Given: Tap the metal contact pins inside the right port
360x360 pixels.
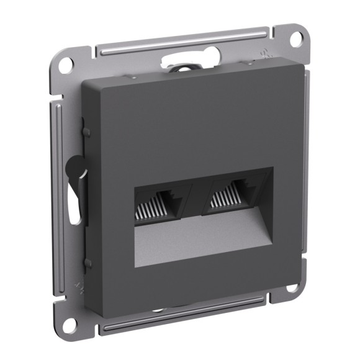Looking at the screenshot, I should coord(230,205).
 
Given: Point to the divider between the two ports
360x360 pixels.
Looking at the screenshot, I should coord(194,202).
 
